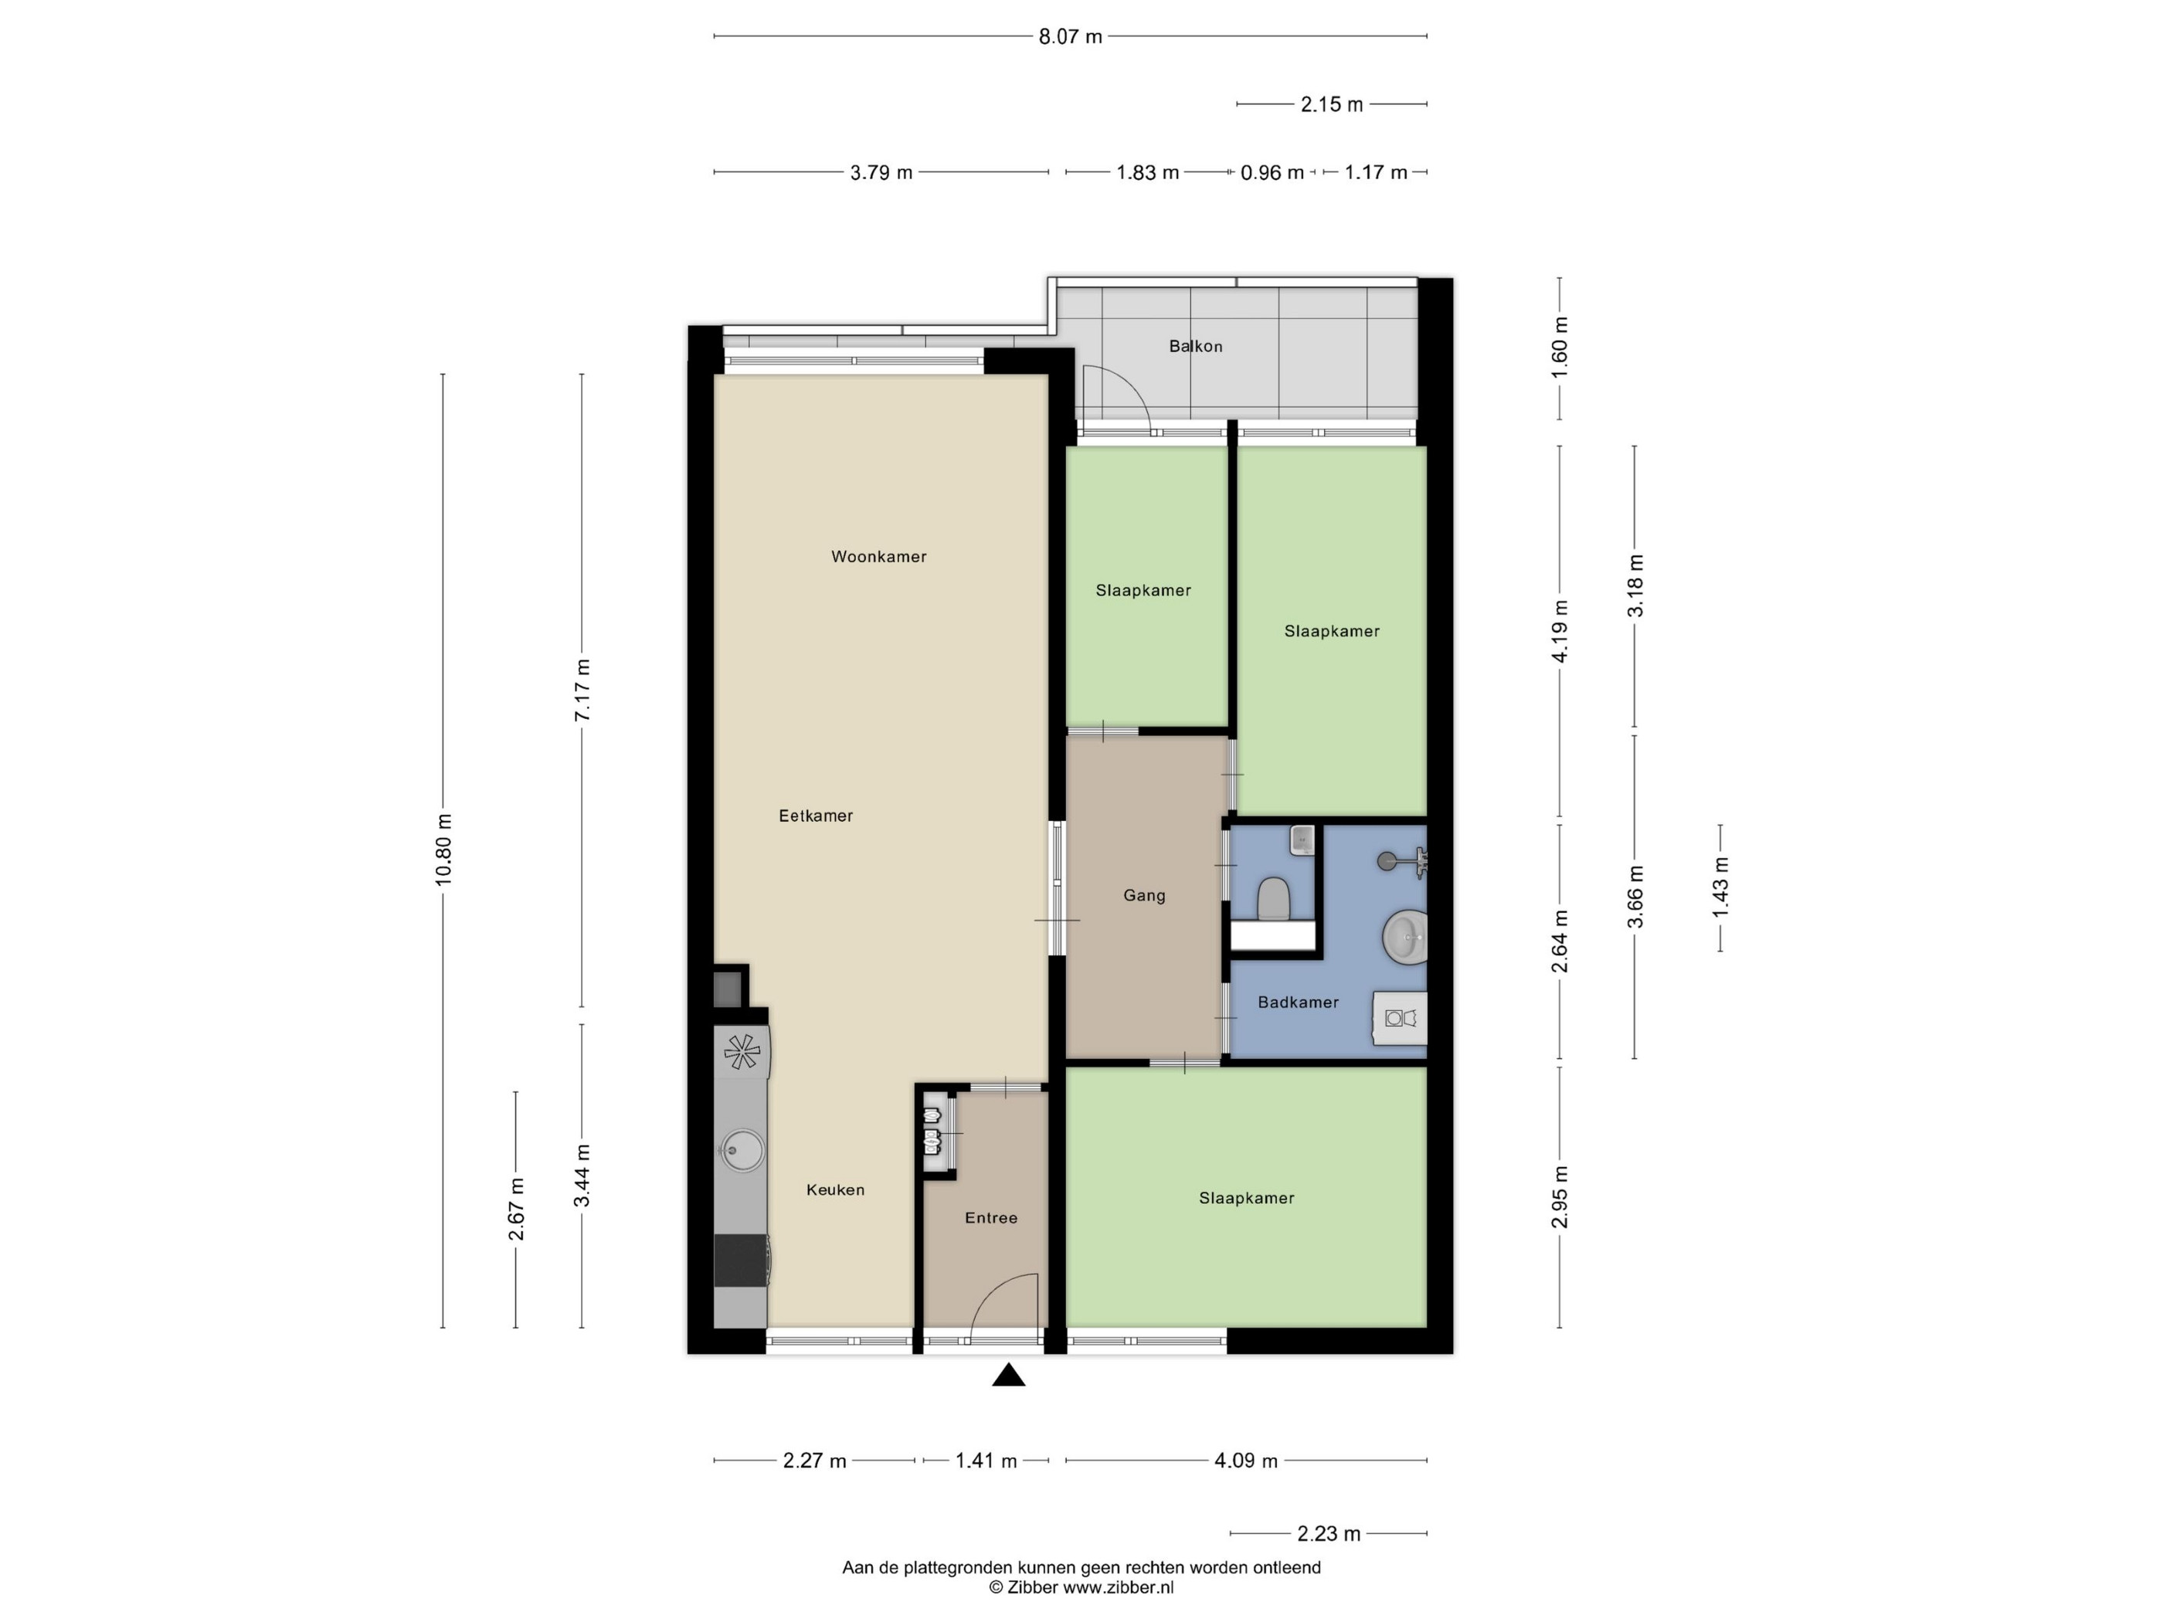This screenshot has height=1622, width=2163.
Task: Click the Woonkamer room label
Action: point(878,556)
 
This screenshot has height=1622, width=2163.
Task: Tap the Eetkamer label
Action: point(816,816)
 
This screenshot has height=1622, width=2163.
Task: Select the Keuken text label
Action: point(835,1190)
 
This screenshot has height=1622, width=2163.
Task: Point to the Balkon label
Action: point(1195,346)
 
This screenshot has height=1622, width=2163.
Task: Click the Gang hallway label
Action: point(1144,895)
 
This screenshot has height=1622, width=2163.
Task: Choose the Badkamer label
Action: point(1298,1002)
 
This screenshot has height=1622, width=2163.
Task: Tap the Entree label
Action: point(990,1218)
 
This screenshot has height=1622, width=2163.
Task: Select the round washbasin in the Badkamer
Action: point(1405,938)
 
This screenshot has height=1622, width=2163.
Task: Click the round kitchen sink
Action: point(742,1151)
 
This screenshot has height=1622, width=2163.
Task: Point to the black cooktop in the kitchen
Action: point(741,1261)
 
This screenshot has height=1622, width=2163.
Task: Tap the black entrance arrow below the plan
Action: point(1008,1376)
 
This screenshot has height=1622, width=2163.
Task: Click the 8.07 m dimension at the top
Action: point(1070,37)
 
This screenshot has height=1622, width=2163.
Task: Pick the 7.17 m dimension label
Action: point(582,691)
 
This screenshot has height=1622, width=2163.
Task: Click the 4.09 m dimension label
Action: point(1246,1461)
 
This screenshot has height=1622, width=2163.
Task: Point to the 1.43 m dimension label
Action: point(1720,887)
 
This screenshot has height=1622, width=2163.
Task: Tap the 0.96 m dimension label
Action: point(1272,173)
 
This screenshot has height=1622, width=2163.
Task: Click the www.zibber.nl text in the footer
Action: point(1118,1588)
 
